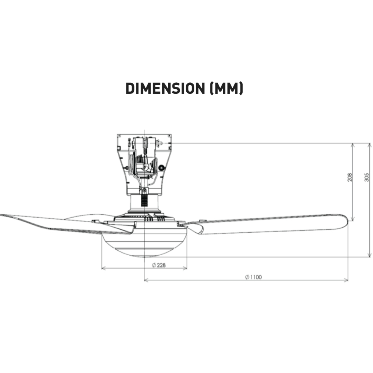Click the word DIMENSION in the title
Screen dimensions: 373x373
point(165,89)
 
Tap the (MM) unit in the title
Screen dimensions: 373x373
point(227,89)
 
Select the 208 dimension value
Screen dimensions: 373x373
point(350,177)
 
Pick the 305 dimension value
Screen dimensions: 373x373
point(367,177)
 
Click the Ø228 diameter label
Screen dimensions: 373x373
point(159,265)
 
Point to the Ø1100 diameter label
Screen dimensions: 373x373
point(253,277)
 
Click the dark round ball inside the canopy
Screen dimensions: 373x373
point(161,168)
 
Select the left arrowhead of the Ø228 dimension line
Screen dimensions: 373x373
point(103,268)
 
